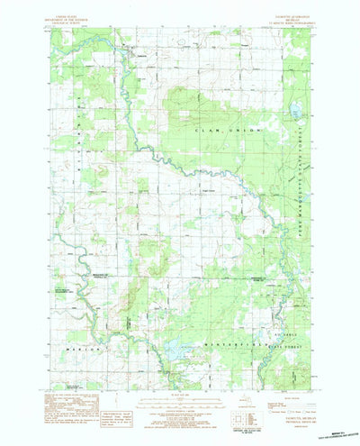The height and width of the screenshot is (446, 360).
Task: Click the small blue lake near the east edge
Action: (x=293, y=111)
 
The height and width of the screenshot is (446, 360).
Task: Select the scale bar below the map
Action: (x=179, y=401)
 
